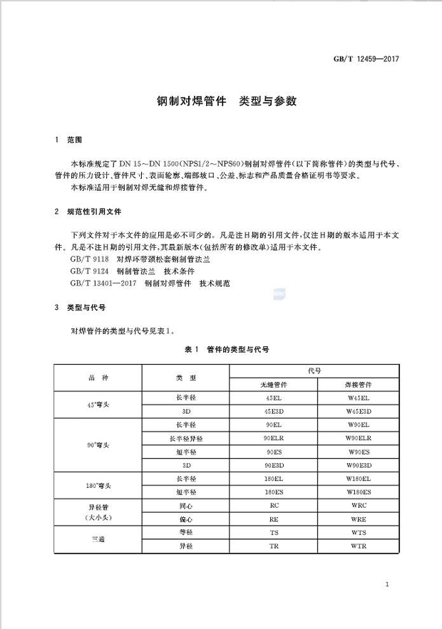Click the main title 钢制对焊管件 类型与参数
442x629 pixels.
[226, 101]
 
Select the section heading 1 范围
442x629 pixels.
[69, 140]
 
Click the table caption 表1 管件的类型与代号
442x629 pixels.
[227, 350]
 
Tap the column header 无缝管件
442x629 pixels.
[274, 384]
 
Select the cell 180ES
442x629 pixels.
[274, 492]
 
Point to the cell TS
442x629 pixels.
[274, 532]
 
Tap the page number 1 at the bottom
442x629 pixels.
[385, 585]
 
